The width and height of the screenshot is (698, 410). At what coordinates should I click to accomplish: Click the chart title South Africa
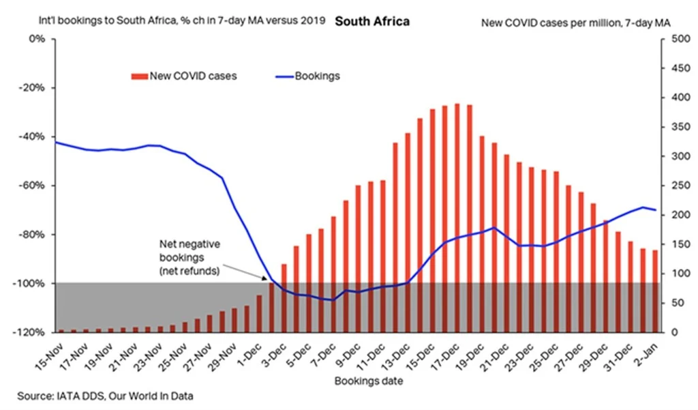tap(372, 21)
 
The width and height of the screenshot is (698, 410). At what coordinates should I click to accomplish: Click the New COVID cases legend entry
tap(185, 76)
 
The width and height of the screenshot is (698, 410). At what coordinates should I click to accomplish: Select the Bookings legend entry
tap(317, 76)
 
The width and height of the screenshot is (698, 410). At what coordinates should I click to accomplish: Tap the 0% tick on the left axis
tap(36, 39)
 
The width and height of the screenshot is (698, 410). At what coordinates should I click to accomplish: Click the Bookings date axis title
tap(368, 381)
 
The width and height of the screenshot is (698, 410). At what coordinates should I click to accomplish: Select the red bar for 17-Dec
tap(457, 218)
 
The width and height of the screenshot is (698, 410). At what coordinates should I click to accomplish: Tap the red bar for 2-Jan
tap(656, 291)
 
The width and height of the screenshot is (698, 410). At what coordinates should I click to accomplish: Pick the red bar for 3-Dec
tap(284, 297)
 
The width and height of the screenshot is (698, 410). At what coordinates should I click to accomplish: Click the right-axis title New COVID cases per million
tap(575, 23)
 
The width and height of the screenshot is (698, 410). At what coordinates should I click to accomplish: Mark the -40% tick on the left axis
tap(32, 136)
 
